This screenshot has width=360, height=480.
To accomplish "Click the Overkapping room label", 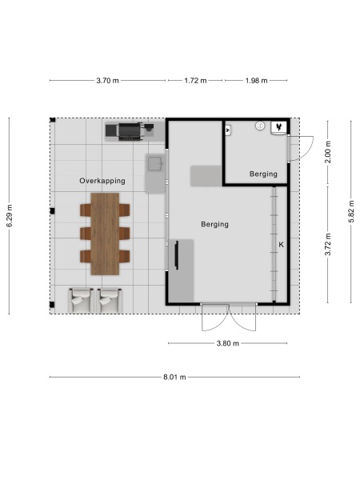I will [102, 181].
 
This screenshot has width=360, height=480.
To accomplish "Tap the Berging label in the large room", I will [214, 225].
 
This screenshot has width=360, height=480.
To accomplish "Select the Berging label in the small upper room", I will [263, 174].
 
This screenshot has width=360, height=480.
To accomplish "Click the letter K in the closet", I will [281, 244].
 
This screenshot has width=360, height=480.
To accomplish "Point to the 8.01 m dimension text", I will [174, 377].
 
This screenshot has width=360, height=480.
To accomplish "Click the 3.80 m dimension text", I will [228, 343].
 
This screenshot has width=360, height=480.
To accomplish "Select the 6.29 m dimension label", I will [10, 214].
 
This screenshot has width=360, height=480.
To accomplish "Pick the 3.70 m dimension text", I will [108, 81].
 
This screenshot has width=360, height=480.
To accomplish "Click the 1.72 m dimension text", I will [195, 81].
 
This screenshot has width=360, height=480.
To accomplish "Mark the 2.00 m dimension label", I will [327, 151].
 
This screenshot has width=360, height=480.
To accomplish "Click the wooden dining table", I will [105, 233].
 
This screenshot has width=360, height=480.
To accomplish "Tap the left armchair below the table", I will [80, 301].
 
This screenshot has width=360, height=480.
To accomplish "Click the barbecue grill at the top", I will [128, 130].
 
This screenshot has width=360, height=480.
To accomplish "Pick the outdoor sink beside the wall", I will [154, 166].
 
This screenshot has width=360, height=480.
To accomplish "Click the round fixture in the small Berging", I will [259, 126].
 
